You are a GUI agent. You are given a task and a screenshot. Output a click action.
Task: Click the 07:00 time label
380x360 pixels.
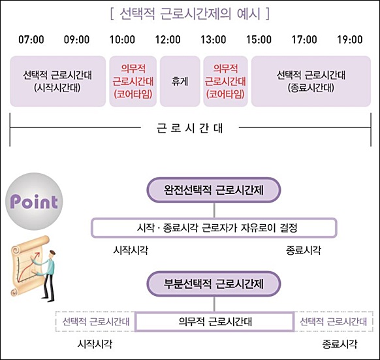point(31,40)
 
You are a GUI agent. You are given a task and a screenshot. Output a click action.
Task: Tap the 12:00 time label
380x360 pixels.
point(168,40)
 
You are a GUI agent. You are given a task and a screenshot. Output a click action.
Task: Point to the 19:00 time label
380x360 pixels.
point(350,40)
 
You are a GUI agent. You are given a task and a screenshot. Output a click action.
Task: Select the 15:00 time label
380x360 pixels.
point(259,40)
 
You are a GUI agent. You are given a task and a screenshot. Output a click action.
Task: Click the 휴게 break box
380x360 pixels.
point(180,81)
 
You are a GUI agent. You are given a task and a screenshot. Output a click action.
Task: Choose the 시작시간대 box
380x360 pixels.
point(57,81)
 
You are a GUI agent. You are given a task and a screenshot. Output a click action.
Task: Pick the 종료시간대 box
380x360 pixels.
point(311,81)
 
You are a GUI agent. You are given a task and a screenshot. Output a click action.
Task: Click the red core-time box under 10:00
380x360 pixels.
point(133,81)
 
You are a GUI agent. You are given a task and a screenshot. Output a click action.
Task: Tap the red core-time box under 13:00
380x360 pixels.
point(225,81)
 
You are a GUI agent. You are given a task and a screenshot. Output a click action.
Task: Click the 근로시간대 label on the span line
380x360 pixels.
point(190,128)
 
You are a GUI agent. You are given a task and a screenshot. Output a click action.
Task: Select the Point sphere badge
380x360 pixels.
point(34,201)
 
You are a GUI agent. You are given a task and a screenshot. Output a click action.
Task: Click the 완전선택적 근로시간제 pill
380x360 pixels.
point(214,190)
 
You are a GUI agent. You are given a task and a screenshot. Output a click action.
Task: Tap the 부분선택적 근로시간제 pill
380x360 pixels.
point(214,284)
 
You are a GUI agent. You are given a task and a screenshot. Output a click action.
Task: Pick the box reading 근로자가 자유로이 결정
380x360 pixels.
point(214,228)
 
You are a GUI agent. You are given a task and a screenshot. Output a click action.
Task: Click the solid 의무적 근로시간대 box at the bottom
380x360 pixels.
point(215,321)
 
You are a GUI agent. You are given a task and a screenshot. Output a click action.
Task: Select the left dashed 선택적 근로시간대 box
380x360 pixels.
point(95,321)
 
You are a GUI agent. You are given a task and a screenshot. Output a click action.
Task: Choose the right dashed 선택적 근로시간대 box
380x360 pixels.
point(334,321)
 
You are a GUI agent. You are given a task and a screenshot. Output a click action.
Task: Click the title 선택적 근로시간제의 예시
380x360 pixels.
point(190,14)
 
